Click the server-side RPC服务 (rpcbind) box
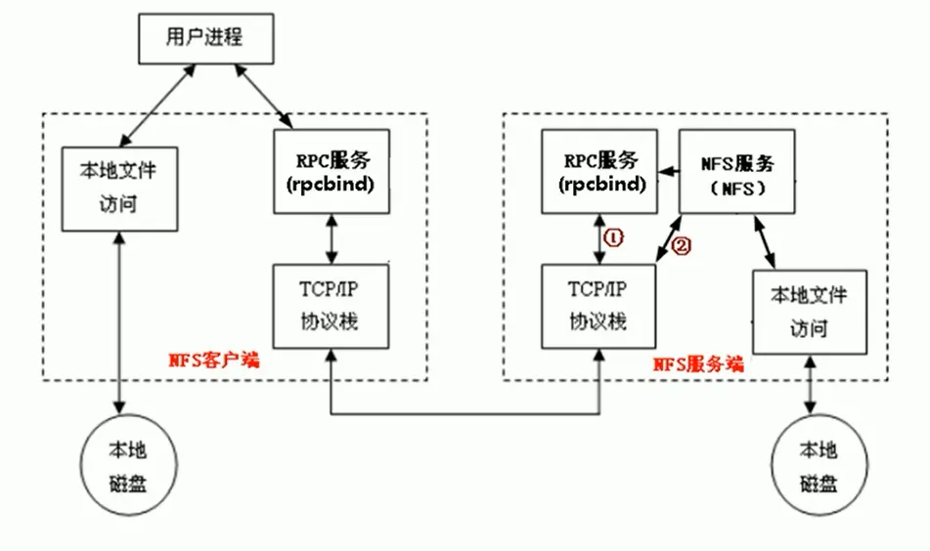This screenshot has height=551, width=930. tap(600, 170)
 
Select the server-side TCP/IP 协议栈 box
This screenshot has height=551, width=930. tap(598, 305)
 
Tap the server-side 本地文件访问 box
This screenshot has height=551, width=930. tap(808, 311)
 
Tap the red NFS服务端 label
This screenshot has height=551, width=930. tap(697, 363)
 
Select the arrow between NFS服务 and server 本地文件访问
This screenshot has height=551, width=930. tap(766, 241)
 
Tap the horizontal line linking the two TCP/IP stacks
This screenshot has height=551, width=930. tap(465, 416)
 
